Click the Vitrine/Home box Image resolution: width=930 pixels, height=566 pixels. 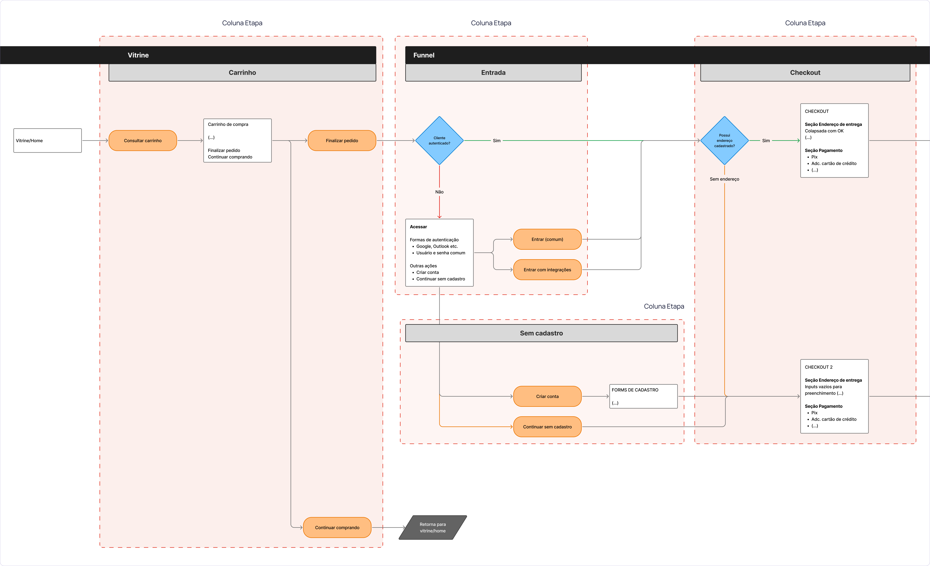pos(47,140)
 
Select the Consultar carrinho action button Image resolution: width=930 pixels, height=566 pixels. pos(143,140)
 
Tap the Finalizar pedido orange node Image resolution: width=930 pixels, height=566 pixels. pos(342,140)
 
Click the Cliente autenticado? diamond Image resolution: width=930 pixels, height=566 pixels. pos(439,140)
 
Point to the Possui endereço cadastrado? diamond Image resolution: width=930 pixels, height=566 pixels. pos(724,140)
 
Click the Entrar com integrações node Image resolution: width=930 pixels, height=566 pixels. pos(547,270)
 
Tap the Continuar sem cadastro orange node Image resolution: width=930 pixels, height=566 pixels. pos(547,427)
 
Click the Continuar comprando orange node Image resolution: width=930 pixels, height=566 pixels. pos(337,527)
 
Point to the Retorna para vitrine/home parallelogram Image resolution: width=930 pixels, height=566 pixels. pos(433,527)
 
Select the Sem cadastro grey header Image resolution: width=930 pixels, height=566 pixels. pos(541,333)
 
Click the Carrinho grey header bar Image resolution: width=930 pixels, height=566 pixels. pos(242,72)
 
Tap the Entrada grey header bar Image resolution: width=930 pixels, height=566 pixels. pos(493,72)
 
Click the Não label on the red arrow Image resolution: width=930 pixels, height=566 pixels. pos(439,192)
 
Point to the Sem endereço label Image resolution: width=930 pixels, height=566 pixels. pos(724,179)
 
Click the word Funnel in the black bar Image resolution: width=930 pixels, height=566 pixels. pos(424,55)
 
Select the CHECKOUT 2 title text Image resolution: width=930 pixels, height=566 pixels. pos(819,367)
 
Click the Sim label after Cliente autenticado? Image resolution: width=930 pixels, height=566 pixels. pos(497,140)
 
